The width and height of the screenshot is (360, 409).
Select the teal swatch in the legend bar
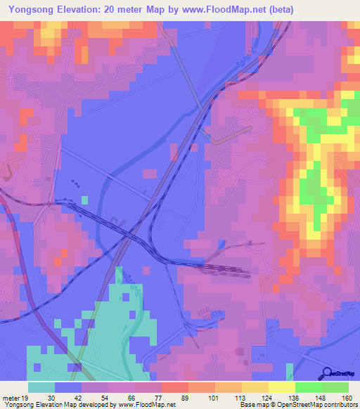(x=41, y=387)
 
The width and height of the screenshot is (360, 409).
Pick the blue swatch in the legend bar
(x=68, y=387)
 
